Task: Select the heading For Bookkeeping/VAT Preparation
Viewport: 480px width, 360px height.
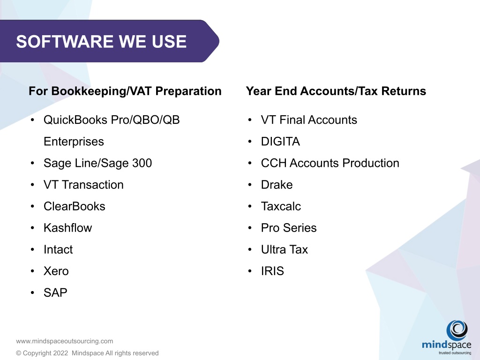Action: point(125,91)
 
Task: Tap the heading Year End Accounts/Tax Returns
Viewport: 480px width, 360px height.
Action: point(336,91)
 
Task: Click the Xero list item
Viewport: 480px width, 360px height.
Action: point(56,271)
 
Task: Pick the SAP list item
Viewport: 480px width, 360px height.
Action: point(55,292)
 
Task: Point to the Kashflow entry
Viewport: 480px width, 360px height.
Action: point(67,228)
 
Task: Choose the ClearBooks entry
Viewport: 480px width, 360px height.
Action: point(75,206)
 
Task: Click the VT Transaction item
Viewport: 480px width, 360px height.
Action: point(83,185)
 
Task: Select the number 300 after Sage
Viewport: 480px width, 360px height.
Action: point(142,163)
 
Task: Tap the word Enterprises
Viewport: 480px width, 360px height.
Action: point(74,142)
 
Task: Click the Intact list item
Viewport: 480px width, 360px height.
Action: point(58,249)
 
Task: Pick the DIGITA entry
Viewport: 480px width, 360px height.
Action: point(280,142)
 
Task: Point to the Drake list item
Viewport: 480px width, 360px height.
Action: point(277,185)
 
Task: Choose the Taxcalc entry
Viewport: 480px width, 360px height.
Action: point(281,206)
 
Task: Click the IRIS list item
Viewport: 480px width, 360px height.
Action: point(272,271)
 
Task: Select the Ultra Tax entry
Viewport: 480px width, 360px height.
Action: point(285,249)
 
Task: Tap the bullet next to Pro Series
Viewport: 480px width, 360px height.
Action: point(250,228)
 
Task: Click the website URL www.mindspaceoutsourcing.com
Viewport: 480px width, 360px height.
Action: point(65,341)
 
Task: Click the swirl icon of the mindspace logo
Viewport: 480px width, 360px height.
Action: point(457,330)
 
